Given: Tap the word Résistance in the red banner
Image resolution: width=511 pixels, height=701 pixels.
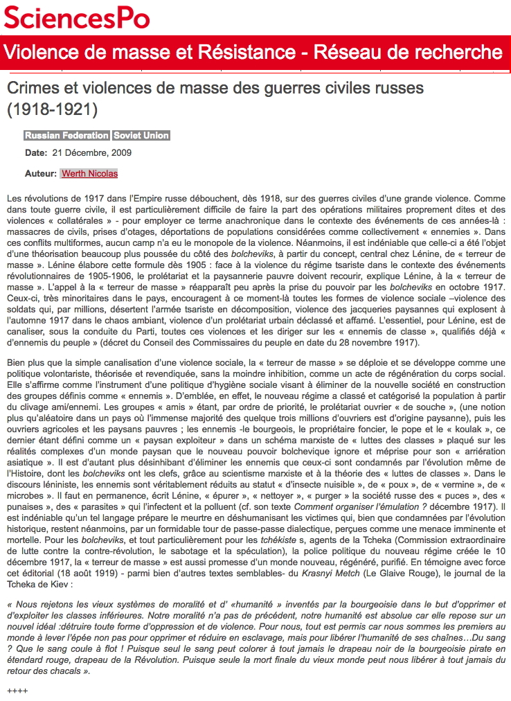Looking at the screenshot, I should click(262, 53).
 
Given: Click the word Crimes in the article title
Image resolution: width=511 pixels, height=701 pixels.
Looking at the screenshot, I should click(33, 89).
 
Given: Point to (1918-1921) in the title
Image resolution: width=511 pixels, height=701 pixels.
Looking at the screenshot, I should click(52, 109).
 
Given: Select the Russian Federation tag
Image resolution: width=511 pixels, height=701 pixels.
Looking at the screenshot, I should click(66, 136).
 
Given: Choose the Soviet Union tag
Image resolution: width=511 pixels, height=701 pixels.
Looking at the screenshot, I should click(141, 136).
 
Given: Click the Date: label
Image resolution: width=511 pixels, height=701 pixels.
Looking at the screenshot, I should click(36, 153).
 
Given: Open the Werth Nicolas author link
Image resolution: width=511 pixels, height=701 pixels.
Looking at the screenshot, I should click(89, 173).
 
